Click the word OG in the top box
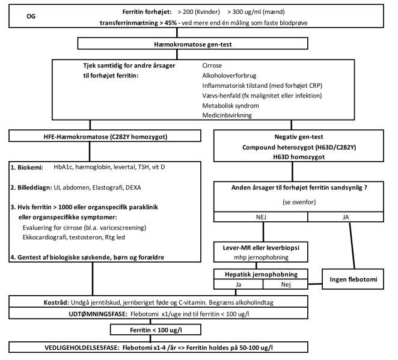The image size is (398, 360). pos(31,16)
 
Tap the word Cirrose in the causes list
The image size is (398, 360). pos(212,66)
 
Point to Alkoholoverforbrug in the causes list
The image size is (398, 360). pos(229,76)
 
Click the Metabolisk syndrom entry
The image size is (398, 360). pos(230,106)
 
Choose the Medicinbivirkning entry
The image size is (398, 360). pos(227,115)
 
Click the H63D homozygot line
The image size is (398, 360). pos(299,157)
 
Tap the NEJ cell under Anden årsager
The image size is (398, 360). pos(261,217)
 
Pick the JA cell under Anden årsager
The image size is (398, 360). pos(346,217)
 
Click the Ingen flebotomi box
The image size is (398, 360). pos(353,279)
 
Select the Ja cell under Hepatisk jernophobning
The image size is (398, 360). pos(238,284)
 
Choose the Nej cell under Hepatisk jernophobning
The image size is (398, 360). pos(286,284)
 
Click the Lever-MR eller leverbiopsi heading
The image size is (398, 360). pos(261,248)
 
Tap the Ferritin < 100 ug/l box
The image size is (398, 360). pos(156,329)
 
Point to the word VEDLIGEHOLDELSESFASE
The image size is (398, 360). pos(82,347)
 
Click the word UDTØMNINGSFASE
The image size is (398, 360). pos(98,314)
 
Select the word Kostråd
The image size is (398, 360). pos(57,302)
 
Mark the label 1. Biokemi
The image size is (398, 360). pos(27,168)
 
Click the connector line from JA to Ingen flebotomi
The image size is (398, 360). pos(352,245)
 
